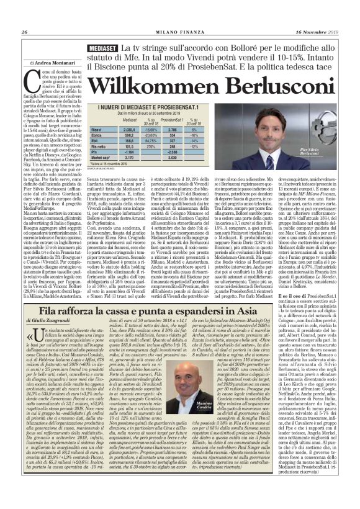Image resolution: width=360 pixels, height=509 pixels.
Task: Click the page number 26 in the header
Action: pyautogui.click(x=24, y=32)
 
